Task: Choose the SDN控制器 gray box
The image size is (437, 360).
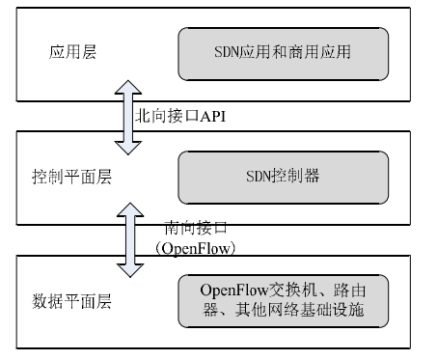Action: point(283,178)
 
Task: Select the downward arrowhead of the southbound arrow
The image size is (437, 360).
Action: point(126,268)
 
